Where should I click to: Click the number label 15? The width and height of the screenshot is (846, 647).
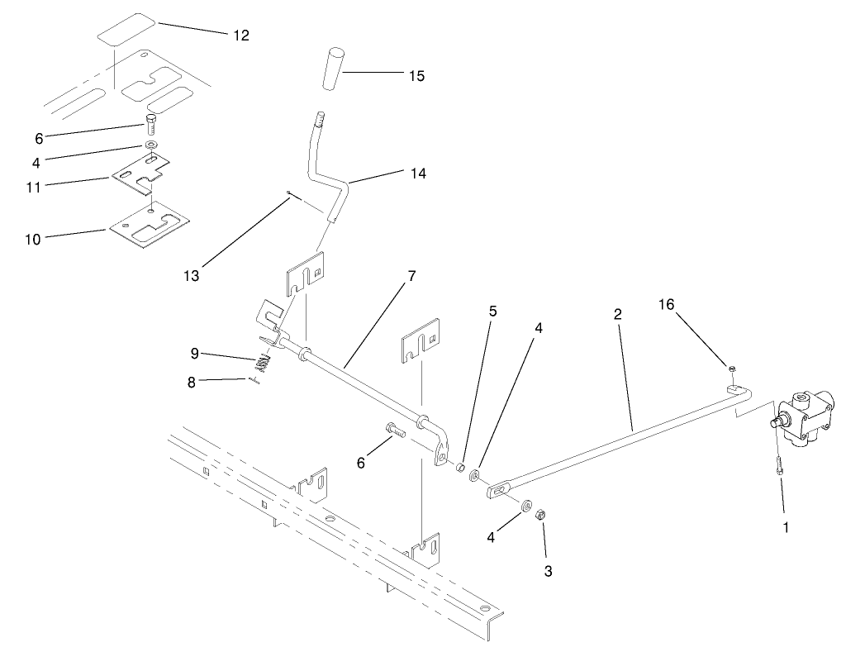coord(416,75)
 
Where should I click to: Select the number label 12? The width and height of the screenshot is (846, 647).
coord(240,35)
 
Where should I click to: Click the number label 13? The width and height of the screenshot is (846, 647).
coord(192,274)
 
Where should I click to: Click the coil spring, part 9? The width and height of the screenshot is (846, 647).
coord(262,361)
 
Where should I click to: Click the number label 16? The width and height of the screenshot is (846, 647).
coord(666,305)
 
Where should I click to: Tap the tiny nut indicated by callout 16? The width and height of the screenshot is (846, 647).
coord(731,367)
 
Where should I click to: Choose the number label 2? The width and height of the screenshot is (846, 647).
coord(617,315)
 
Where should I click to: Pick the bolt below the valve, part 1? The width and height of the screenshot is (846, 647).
coord(778,464)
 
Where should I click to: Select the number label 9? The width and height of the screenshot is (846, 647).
coord(195,353)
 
